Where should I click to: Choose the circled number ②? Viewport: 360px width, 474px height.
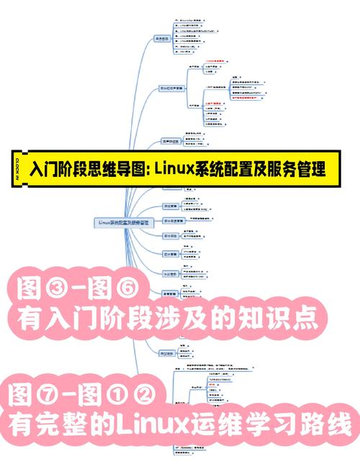tap(150, 394)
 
